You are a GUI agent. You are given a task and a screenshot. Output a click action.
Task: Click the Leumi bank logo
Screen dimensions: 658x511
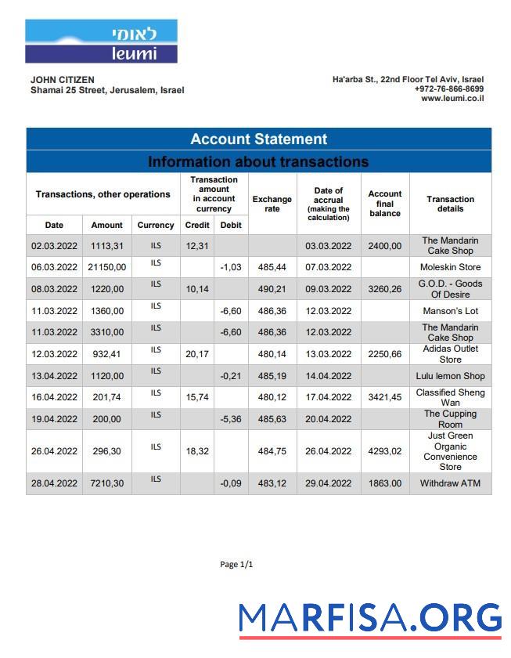pyautogui.click(x=101, y=41)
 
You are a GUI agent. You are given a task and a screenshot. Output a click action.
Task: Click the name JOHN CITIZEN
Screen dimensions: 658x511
pyautogui.click(x=63, y=80)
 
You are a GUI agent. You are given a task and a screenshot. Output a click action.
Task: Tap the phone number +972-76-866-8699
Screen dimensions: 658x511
pyautogui.click(x=448, y=89)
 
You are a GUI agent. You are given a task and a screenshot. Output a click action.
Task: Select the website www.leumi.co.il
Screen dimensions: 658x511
pyautogui.click(x=452, y=99)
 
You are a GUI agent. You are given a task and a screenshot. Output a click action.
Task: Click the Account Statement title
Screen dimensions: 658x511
pyautogui.click(x=258, y=139)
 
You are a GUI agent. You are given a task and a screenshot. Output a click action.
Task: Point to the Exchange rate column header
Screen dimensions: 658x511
pyautogui.click(x=272, y=204)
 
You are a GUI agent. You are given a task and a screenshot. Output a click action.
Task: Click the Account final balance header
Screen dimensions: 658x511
pyautogui.click(x=384, y=204)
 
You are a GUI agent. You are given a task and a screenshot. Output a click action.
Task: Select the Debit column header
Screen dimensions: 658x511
pyautogui.click(x=231, y=226)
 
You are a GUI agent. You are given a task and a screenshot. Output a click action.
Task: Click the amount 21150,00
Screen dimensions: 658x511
pyautogui.click(x=106, y=268)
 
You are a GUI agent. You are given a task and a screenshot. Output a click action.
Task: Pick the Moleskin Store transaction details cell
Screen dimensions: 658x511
pyautogui.click(x=450, y=268)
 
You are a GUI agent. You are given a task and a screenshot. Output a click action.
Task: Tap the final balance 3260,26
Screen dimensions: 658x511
pyautogui.click(x=384, y=289)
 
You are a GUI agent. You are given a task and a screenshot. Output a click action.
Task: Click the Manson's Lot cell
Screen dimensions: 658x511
pyautogui.click(x=450, y=311)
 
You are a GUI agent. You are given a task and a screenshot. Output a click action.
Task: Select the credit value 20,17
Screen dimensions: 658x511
pyautogui.click(x=197, y=354)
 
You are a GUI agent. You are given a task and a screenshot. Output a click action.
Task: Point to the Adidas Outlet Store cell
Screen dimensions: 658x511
pyautogui.click(x=450, y=354)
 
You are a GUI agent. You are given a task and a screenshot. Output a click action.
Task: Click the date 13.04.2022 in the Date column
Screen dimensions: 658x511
pyautogui.click(x=54, y=376)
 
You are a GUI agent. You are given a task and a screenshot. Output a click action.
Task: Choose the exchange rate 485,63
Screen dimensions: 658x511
pyautogui.click(x=272, y=419)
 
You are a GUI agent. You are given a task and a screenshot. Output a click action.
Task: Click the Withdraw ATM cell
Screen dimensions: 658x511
pyautogui.click(x=450, y=483)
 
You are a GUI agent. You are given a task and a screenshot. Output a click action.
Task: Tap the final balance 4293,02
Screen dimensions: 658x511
pyautogui.click(x=384, y=451)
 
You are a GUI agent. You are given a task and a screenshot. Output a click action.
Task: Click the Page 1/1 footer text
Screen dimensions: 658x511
pyautogui.click(x=236, y=565)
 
